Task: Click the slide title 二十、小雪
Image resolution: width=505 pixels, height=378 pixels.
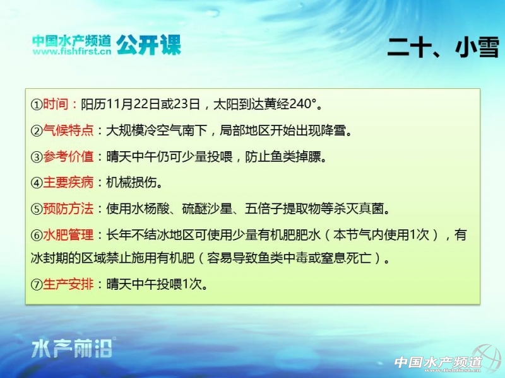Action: point(443,47)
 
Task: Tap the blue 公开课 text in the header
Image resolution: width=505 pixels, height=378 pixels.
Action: point(148,45)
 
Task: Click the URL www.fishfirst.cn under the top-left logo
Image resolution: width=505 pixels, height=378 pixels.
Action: point(72,51)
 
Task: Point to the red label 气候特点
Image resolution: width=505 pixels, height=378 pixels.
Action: point(68,130)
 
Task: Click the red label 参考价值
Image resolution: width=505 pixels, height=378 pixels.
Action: point(68,156)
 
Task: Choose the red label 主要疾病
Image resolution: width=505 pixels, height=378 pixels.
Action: point(68,183)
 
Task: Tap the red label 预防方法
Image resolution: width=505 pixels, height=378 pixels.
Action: point(68,209)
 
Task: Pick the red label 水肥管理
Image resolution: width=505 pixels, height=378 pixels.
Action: point(68,234)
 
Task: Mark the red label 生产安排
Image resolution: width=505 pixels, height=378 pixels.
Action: point(68,284)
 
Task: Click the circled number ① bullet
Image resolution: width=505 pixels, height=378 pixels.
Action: point(37,105)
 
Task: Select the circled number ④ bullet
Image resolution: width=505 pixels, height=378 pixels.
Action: point(37,183)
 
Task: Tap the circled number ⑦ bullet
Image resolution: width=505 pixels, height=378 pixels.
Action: point(37,285)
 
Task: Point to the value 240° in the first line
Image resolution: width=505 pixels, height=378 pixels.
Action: point(303,104)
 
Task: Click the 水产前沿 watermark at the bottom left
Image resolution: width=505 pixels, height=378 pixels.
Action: point(72,348)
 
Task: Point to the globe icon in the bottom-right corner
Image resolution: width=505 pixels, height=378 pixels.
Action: point(487,358)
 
